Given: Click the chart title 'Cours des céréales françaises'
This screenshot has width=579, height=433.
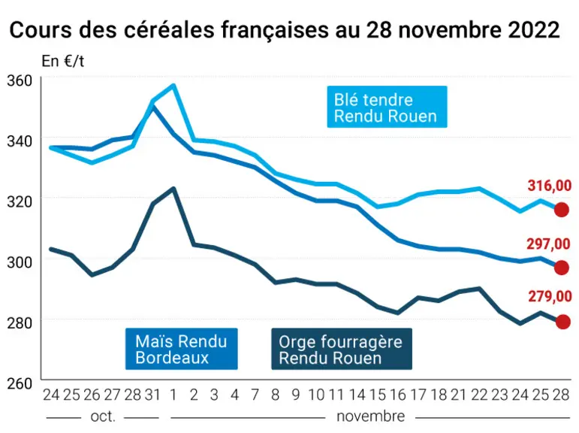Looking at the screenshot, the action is pyautogui.click(x=169, y=30).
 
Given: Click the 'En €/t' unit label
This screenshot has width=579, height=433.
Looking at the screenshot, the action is pyautogui.click(x=62, y=61).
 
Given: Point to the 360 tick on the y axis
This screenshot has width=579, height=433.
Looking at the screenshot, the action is pyautogui.click(x=20, y=81).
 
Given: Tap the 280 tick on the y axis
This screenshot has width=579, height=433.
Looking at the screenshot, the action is pyautogui.click(x=20, y=323).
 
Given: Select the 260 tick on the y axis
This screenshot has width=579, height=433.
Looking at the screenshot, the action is pyautogui.click(x=20, y=384).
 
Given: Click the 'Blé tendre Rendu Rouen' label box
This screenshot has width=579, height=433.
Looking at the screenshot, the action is pyautogui.click(x=387, y=107).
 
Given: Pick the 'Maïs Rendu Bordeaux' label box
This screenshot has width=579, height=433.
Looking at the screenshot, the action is pyautogui.click(x=181, y=349).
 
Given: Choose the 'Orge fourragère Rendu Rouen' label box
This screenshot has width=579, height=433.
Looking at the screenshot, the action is pyautogui.click(x=342, y=349).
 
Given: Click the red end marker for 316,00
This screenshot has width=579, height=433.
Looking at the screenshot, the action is pyautogui.click(x=562, y=210).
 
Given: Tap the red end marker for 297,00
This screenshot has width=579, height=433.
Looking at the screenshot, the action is pyautogui.click(x=562, y=268).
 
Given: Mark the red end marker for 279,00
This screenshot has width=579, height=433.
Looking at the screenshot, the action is pyautogui.click(x=562, y=322).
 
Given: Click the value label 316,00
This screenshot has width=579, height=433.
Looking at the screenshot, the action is pyautogui.click(x=550, y=186).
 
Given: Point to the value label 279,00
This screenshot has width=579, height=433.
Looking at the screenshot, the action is pyautogui.click(x=550, y=296).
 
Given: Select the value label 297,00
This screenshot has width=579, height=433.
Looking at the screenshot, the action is pyautogui.click(x=549, y=244).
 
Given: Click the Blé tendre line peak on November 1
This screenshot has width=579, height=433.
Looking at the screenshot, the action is pyautogui.click(x=173, y=86).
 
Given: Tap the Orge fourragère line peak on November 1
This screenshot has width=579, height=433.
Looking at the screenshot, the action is pyautogui.click(x=173, y=189).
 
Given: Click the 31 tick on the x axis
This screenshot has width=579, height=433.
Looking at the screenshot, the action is pyautogui.click(x=152, y=395).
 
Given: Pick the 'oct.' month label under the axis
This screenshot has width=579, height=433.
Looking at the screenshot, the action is pyautogui.click(x=103, y=416).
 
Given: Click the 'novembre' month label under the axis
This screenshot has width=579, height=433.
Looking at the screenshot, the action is pyautogui.click(x=371, y=416).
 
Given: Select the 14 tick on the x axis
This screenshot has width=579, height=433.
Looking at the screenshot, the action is pyautogui.click(x=357, y=395).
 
